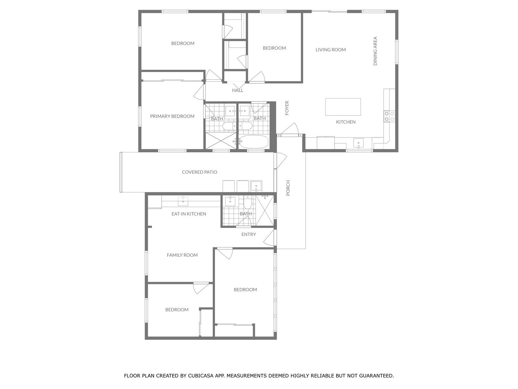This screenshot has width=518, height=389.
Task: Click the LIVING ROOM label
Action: click(x=331, y=50)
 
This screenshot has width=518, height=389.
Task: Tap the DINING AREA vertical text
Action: click(x=375, y=51)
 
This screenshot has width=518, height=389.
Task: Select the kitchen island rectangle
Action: click(x=343, y=107)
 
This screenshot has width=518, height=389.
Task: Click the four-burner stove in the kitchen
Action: click(x=389, y=116)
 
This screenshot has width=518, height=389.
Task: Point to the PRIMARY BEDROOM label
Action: click(x=172, y=116)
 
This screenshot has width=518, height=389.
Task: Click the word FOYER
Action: click(x=287, y=108)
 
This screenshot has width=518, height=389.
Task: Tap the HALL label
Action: click(x=237, y=90)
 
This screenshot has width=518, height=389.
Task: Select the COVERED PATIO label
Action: click(x=199, y=172)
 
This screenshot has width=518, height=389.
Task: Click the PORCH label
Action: click(x=288, y=188)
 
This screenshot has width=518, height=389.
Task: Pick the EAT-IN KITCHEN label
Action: click(x=189, y=214)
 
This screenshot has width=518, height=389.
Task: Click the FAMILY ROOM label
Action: click(x=182, y=255)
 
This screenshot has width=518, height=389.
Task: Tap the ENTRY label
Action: click(x=249, y=234)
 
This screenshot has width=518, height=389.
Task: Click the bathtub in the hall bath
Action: click(x=254, y=141)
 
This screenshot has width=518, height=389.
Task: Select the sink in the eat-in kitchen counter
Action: click(x=183, y=201)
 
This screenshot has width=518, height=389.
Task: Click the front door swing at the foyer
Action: click(x=290, y=129)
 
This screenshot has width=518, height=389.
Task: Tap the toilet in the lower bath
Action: click(x=247, y=203)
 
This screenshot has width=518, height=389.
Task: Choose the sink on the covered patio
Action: click(x=256, y=186)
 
